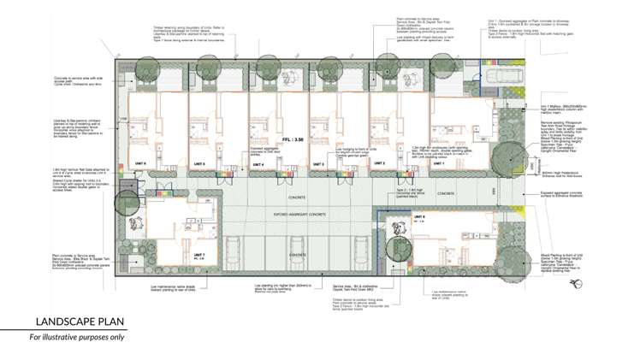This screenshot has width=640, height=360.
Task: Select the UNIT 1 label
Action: click(x=439, y=162)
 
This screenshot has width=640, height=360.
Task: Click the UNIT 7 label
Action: click(x=199, y=254)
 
